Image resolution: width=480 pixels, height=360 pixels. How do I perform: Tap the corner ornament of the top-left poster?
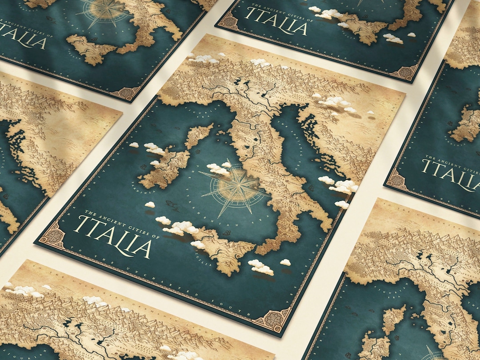tap(126, 92)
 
